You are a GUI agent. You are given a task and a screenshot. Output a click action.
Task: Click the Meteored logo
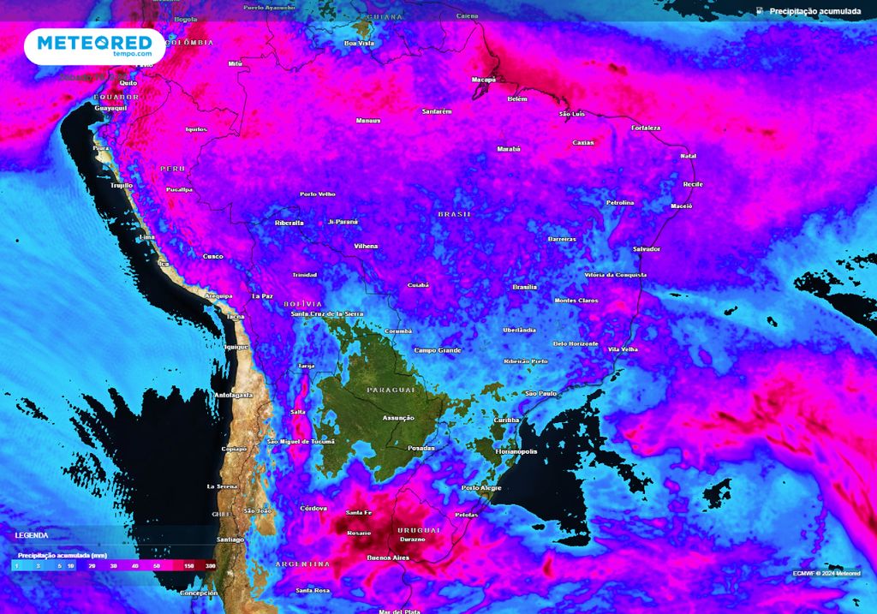tap(94, 45)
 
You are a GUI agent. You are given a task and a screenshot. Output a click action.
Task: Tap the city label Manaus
tap(368, 121)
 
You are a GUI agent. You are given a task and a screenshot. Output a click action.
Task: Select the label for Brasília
tap(524, 287)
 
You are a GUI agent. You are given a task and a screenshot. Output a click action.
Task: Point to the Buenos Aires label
tap(388, 557)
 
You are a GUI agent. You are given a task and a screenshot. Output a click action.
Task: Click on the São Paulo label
tap(540, 393)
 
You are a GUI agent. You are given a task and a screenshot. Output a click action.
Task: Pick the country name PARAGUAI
tap(391, 390)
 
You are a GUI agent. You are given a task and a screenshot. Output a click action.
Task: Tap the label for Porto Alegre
tap(481, 488)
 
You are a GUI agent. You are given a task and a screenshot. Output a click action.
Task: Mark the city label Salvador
tap(647, 249)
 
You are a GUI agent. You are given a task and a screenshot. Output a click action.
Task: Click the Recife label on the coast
tap(693, 184)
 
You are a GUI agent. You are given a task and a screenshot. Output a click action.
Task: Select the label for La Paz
tap(262, 295)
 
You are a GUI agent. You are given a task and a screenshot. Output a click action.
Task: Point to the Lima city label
tap(146, 236)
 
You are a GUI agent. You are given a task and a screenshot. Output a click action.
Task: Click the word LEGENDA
tap(32, 534)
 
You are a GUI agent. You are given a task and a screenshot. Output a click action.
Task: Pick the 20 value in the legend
tap(90, 566)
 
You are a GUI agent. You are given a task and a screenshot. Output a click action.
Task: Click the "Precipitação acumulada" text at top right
tap(814, 11)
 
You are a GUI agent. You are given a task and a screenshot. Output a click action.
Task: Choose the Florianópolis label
tap(516, 450)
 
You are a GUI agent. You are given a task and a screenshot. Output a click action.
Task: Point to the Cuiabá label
tap(418, 285)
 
